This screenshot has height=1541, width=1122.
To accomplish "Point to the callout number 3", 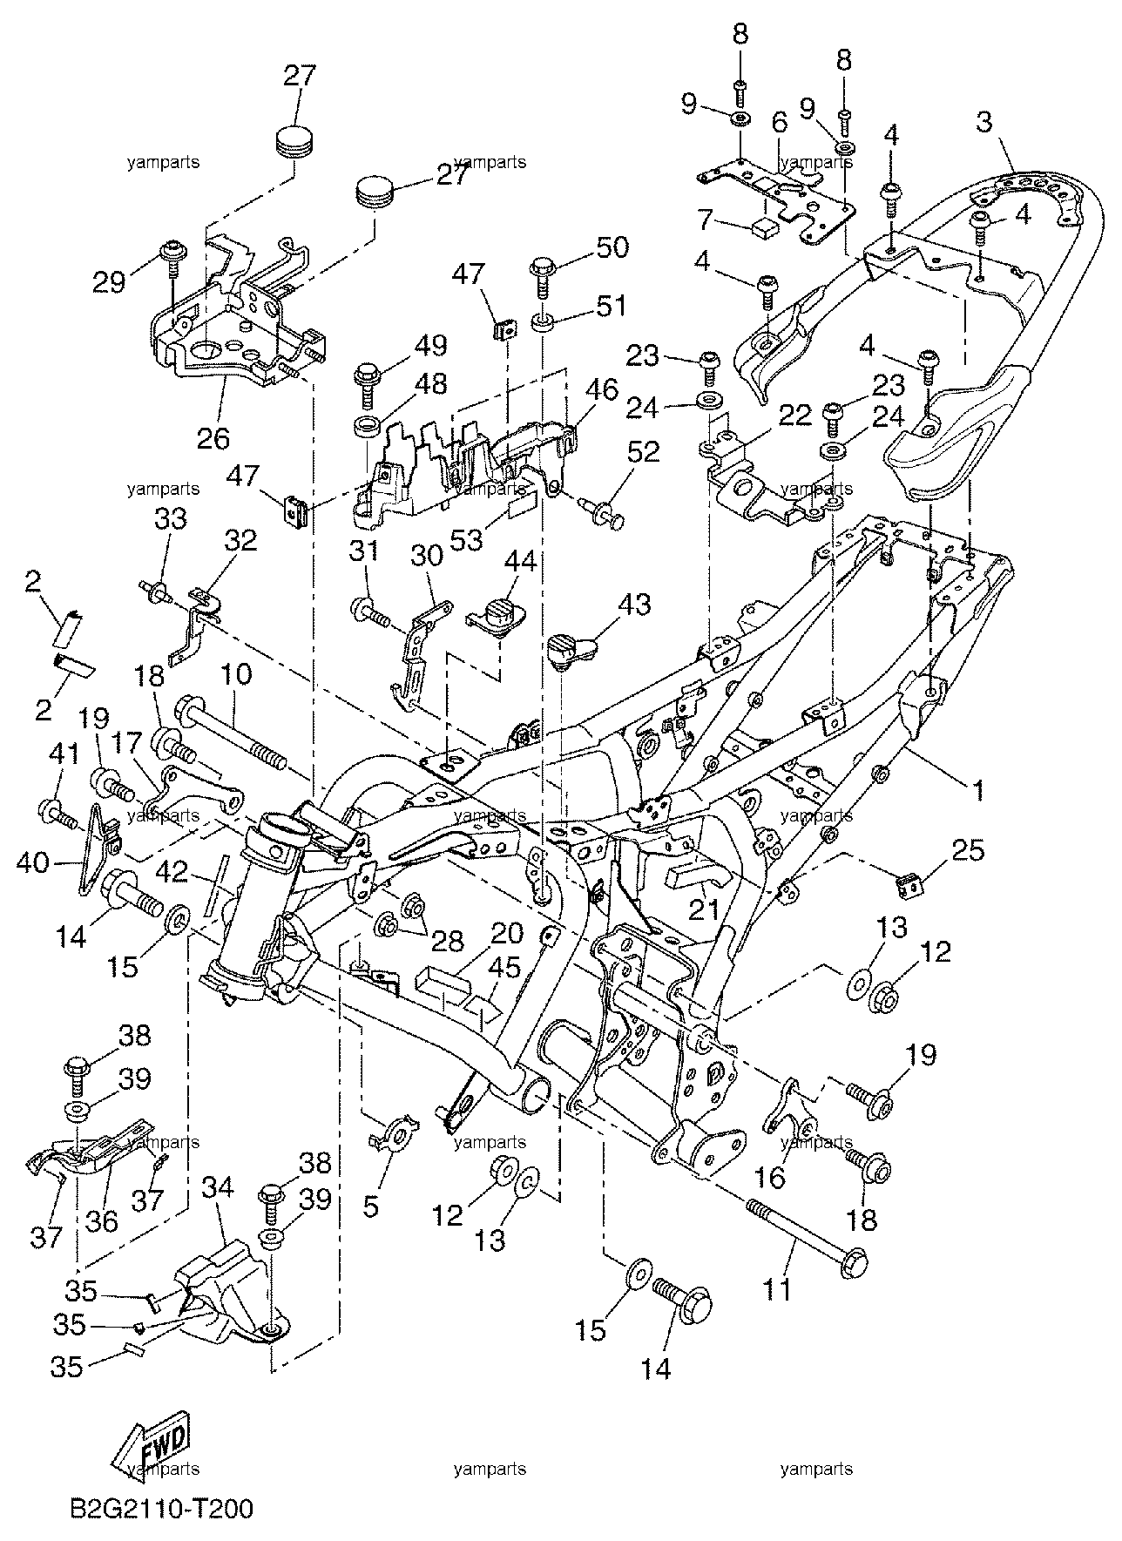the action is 983,122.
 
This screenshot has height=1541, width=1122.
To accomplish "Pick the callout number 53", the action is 467,539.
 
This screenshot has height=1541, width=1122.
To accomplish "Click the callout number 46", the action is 601,389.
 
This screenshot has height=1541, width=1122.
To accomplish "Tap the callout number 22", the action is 794,415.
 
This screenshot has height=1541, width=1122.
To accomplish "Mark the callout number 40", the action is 34,863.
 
